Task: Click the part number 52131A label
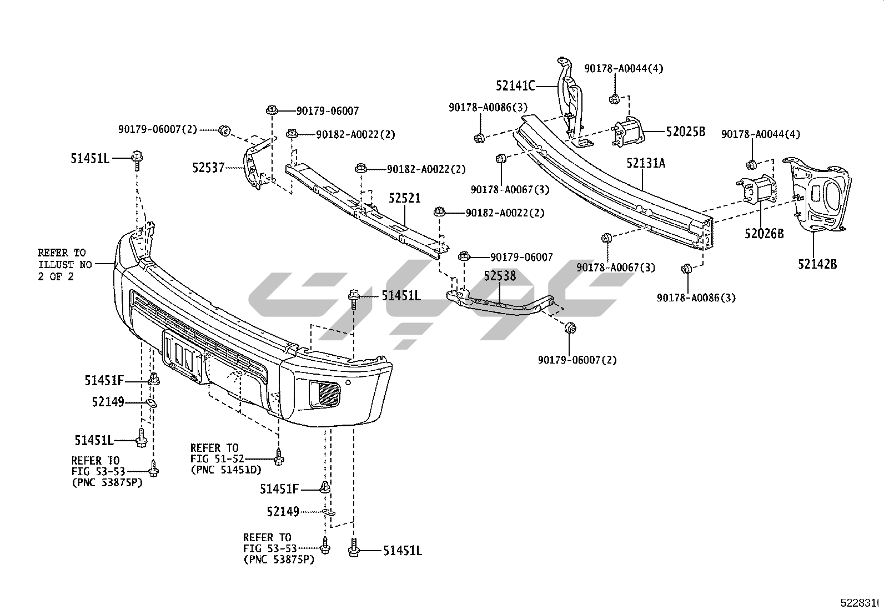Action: [646, 164]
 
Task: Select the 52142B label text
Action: [817, 264]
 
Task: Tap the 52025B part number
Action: [685, 132]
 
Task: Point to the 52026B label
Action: [764, 234]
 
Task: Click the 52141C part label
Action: [515, 85]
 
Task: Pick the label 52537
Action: [209, 167]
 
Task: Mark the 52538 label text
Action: [499, 276]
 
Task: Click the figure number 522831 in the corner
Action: [861, 603]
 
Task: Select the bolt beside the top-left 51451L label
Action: [137, 159]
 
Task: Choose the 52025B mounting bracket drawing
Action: [627, 133]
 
